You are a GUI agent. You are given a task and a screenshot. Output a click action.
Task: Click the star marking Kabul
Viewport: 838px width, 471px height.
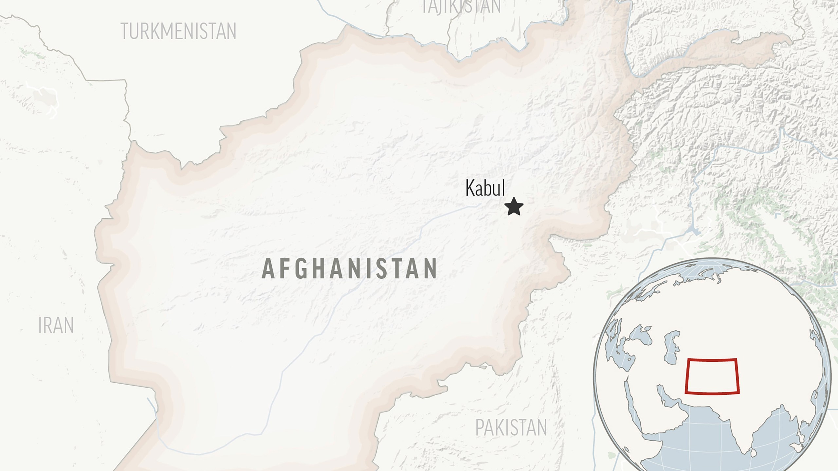click(x=514, y=207)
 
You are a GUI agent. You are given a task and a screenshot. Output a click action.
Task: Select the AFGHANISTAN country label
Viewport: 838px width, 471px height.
click(x=349, y=269)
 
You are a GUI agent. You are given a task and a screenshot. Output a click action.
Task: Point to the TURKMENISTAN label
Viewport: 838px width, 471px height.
click(x=178, y=31)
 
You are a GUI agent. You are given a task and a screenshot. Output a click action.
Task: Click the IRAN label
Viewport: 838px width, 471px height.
click(x=56, y=325)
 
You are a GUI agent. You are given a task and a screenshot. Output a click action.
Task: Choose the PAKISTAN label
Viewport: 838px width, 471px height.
click(x=511, y=427)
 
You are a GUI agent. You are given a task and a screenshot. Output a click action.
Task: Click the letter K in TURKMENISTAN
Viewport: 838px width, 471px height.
click(x=155, y=31)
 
